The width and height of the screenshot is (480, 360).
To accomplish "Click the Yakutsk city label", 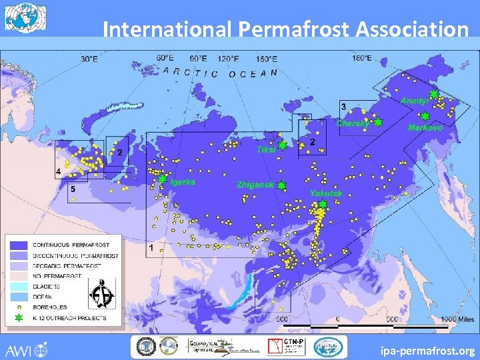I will (326, 193).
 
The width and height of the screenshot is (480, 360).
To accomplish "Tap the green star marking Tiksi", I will (283, 145).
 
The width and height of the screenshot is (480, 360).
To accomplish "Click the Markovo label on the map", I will (425, 127).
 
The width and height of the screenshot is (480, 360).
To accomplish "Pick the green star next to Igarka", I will (162, 179).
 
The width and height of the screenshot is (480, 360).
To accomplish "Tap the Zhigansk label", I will (255, 185).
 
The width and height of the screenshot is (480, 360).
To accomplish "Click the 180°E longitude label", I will (362, 58).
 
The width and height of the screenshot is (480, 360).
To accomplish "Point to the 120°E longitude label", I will (229, 59).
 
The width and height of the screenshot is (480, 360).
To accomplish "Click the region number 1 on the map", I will (151, 248).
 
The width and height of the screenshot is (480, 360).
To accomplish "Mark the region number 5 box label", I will (73, 190).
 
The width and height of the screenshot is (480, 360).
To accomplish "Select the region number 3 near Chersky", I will (343, 107).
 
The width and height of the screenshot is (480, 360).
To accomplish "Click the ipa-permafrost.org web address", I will (427, 350).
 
